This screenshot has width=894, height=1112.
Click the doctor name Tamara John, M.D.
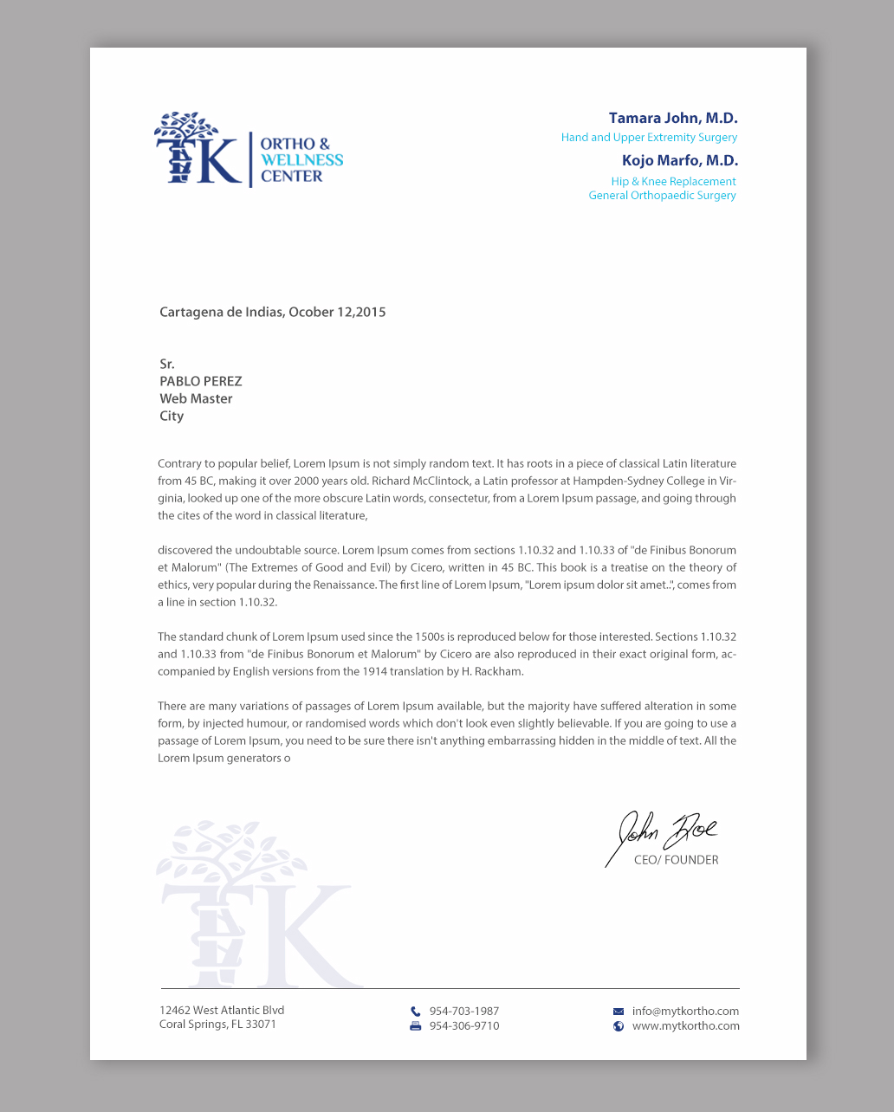(672, 119)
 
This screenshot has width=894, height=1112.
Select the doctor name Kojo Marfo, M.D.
(679, 161)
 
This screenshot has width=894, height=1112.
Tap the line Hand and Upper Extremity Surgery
(649, 138)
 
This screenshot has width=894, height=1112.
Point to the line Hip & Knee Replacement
(673, 182)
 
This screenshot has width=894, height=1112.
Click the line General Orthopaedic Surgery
(662, 196)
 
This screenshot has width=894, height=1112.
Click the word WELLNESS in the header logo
(301, 160)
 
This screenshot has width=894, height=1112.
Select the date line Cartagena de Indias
(272, 313)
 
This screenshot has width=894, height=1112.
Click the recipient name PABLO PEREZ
(200, 382)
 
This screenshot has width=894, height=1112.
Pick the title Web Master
(196, 399)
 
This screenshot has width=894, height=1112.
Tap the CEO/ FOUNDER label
(676, 861)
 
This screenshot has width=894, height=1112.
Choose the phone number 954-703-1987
(463, 1012)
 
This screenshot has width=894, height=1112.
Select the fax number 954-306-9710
(463, 1026)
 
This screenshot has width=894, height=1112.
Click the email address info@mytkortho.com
(685, 1012)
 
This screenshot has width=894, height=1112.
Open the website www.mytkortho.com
(685, 1026)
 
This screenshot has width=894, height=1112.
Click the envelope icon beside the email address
(619, 1012)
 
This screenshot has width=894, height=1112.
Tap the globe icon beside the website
(619, 1026)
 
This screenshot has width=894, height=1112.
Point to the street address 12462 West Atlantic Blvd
(222, 1011)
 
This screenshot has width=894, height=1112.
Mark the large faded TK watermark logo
(256, 909)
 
